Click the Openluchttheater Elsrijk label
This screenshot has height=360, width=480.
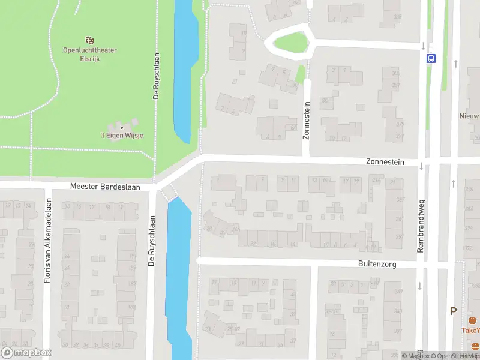pyautogui.click(x=90, y=54)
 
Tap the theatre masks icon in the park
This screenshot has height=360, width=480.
pyautogui.click(x=90, y=40)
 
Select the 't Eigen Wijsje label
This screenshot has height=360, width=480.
pyautogui.click(x=122, y=136)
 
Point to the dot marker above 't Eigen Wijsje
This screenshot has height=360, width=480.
pyautogui.click(x=122, y=127)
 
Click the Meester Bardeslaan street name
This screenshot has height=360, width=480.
pyautogui.click(x=105, y=187)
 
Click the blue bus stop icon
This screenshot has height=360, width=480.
pyautogui.click(x=431, y=58)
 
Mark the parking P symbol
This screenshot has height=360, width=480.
pyautogui.click(x=454, y=311)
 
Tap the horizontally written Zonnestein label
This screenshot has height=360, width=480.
pyautogui.click(x=385, y=162)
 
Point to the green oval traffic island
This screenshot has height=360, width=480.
pyautogui.click(x=292, y=42)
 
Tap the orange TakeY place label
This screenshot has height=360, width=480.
pyautogui.click(x=471, y=330)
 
